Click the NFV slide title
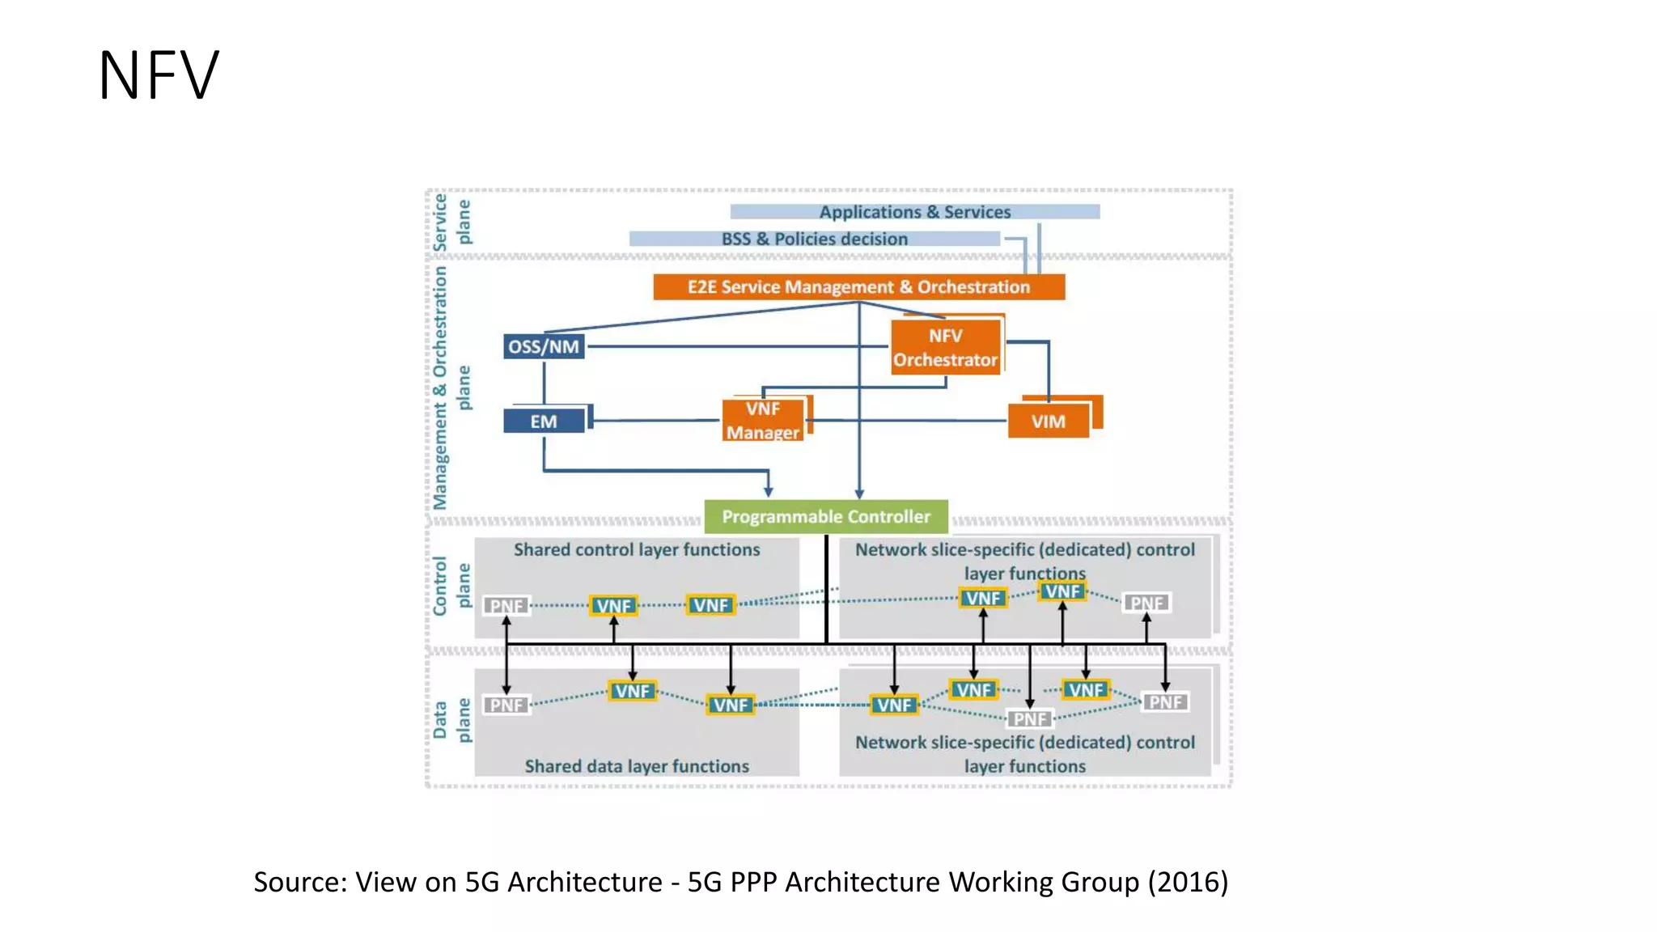tap(159, 75)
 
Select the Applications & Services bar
tap(914, 212)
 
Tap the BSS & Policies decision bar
tap(814, 239)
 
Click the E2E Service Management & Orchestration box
tap(858, 287)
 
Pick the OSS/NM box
tap(544, 347)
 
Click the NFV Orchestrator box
tap(945, 348)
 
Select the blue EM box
tap(544, 422)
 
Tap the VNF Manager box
tap(763, 421)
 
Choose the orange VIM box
tap(1048, 422)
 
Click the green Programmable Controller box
tap(826, 516)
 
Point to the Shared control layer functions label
tap(637, 550)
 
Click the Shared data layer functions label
tap(637, 766)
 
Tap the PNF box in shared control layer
tap(506, 606)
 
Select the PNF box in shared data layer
tap(506, 705)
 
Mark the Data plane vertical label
tap(451, 720)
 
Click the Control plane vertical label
tap(451, 586)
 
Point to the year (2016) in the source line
tap(1188, 882)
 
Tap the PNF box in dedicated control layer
tap(1146, 604)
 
